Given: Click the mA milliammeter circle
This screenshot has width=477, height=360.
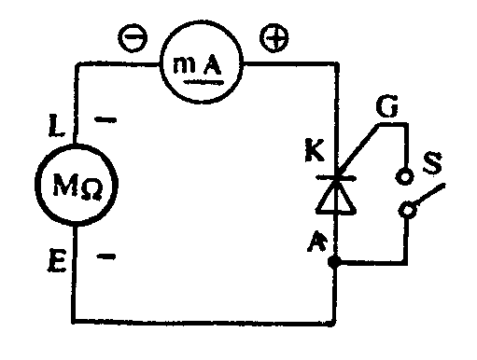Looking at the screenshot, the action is click(202, 62).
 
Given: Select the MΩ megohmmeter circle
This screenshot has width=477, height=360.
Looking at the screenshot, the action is click(77, 185).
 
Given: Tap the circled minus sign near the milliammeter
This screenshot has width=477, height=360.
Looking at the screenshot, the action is click(133, 37).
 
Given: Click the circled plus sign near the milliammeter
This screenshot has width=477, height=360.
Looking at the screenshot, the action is click(274, 37).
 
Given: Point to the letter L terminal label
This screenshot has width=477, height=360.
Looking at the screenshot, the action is click(57, 125).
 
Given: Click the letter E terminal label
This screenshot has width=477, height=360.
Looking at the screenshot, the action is click(57, 260).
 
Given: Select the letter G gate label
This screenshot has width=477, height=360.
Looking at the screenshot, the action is click(386, 106).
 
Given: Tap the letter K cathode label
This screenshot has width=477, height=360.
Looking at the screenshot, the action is click(315, 150).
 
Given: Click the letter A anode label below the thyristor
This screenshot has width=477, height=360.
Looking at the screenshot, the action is click(317, 241).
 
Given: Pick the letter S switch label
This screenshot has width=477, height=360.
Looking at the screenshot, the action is click(432, 162).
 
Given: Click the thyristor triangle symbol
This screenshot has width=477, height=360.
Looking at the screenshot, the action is click(336, 196).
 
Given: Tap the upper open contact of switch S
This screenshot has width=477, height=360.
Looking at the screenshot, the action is click(404, 176).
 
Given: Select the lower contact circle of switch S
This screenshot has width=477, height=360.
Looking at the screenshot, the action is click(407, 210).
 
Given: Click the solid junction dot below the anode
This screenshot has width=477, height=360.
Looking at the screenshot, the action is click(334, 262).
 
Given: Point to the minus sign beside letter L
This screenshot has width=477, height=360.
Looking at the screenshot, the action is click(105, 119).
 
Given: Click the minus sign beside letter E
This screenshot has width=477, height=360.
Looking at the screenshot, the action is click(106, 256).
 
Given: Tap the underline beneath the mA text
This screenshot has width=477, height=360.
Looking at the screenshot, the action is click(203, 82).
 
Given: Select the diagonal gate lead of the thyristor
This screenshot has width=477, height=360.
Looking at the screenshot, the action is click(358, 150).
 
